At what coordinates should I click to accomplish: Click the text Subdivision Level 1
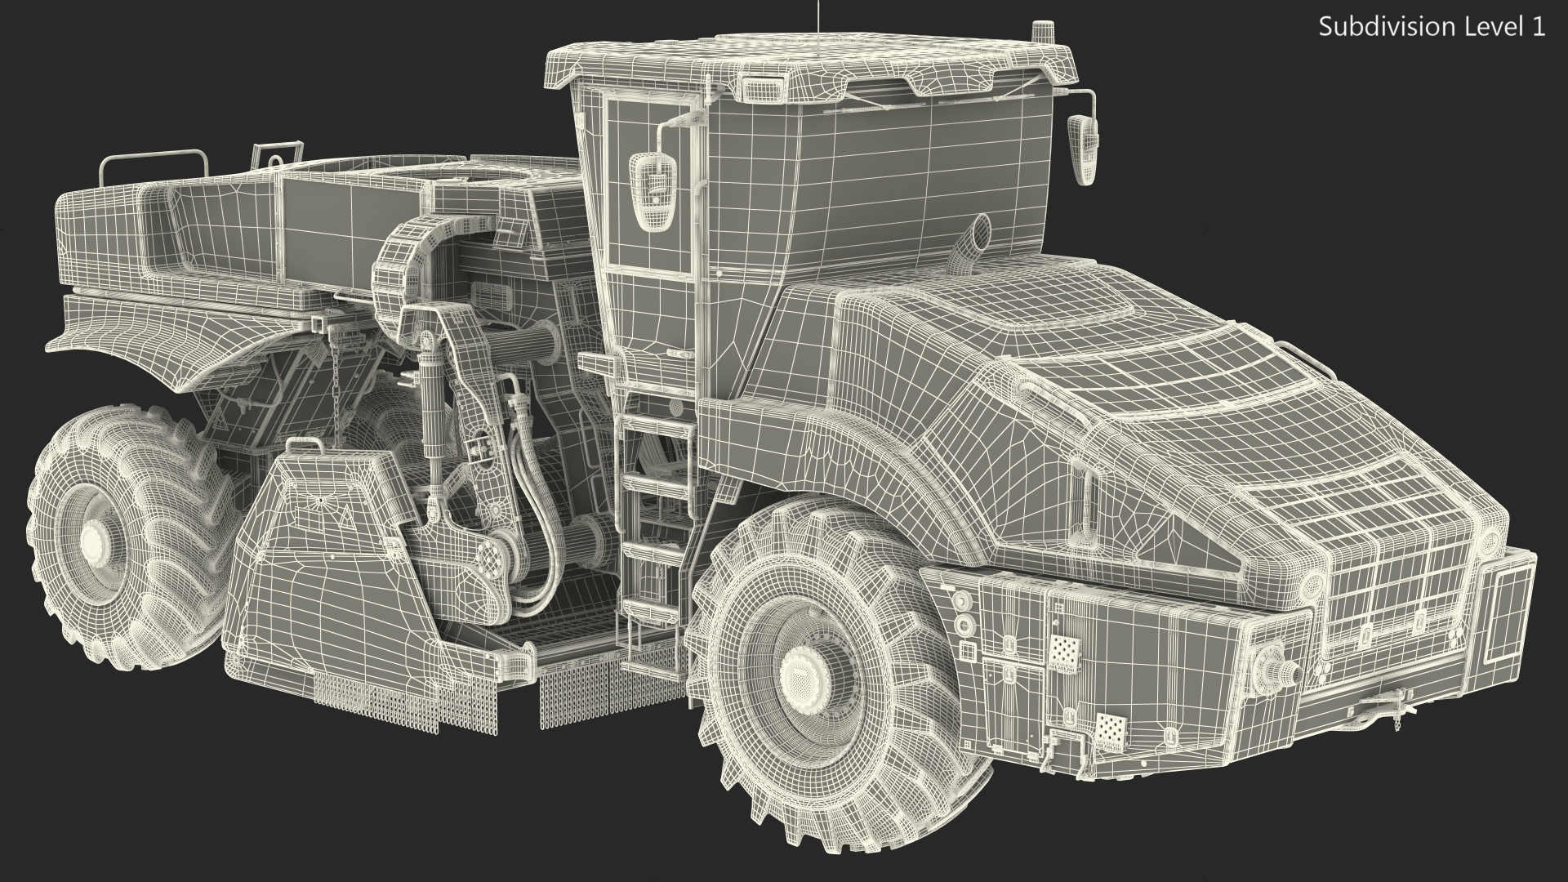1432,27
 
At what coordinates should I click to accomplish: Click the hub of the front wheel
806,675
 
